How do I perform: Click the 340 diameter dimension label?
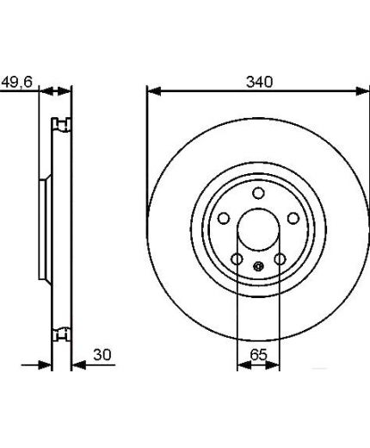click(259, 82)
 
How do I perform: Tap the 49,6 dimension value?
click(17, 82)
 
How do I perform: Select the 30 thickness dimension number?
click(102, 355)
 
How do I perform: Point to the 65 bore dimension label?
click(258, 355)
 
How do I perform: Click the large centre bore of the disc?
click(258, 230)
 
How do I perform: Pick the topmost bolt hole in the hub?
click(258, 193)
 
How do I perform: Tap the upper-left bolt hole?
click(224, 218)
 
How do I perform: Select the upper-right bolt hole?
click(293, 218)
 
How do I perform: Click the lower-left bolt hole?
click(237, 259)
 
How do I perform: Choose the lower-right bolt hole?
click(280, 259)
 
